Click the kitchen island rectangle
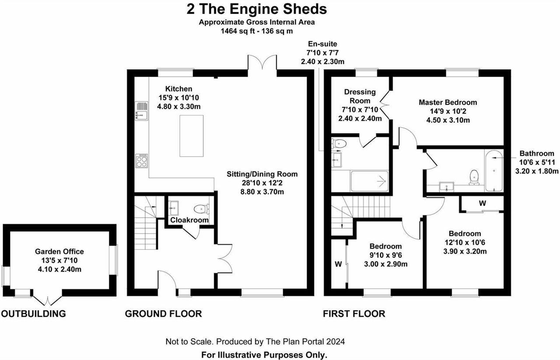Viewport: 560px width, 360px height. pyautogui.click(x=191, y=136)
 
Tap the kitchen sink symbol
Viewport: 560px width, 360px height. pyautogui.click(x=142, y=111)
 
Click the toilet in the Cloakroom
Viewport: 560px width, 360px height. pyautogui.click(x=201, y=208)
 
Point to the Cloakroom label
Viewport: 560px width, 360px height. pyautogui.click(x=189, y=220)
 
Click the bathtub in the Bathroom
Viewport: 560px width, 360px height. pyautogui.click(x=494, y=171)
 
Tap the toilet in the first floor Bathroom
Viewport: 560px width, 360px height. pyautogui.click(x=473, y=177)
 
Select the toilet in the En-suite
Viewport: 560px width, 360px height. pyautogui.click(x=339, y=143)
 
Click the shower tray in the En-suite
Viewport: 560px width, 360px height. pyautogui.click(x=370, y=181)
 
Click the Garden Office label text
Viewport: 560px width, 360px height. pyautogui.click(x=59, y=252)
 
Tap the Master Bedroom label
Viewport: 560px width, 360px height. pyautogui.click(x=448, y=102)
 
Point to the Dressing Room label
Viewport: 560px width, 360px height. pyautogui.click(x=360, y=96)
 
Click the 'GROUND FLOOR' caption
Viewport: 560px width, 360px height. pyautogui.click(x=163, y=314)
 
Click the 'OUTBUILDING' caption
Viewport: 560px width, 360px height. pyautogui.click(x=33, y=314)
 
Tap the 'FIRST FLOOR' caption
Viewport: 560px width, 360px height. pyautogui.click(x=354, y=314)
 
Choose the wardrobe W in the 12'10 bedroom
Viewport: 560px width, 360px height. pyautogui.click(x=482, y=204)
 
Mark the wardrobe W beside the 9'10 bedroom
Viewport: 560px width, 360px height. pyautogui.click(x=338, y=264)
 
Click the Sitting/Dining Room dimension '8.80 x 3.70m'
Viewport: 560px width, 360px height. pyautogui.click(x=262, y=191)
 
